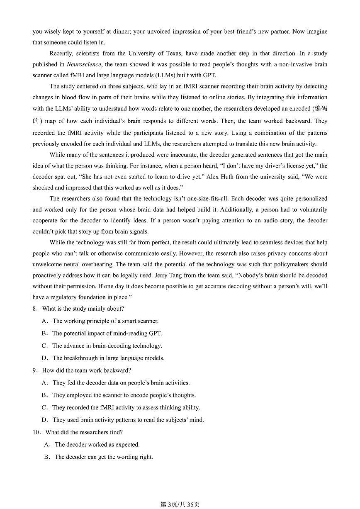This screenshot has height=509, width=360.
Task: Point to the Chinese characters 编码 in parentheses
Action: pos(321,109)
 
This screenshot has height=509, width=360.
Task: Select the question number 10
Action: pos(36,432)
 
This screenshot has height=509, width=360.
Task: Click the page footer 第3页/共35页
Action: pos(180,504)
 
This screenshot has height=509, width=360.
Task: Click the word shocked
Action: pos(43,188)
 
